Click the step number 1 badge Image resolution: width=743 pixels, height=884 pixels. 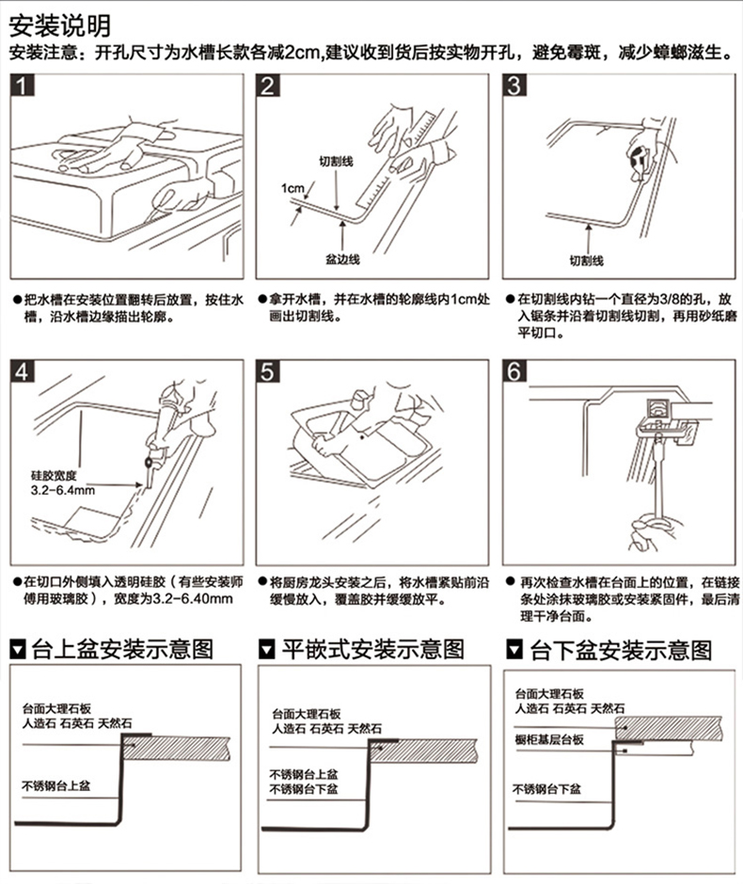pos(23,86)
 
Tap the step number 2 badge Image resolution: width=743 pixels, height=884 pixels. pos(268,86)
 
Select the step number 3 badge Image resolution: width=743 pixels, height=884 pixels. pos(514,86)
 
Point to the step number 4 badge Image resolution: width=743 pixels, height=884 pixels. pos(23,371)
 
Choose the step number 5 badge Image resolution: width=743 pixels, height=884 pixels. pos(268,371)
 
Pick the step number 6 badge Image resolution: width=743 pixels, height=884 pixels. pos(514,371)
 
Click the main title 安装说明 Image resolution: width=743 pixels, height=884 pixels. pos(60,24)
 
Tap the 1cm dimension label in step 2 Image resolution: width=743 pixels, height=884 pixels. pos(292,188)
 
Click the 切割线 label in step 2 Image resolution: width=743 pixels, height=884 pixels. pos(336,162)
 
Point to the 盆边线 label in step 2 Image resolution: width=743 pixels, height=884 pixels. pos(342,260)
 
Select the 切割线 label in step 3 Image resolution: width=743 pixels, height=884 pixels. pos(586,260)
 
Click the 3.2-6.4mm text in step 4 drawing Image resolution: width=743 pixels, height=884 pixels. pos(63,491)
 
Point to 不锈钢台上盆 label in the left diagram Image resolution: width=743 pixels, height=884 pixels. pos(55,785)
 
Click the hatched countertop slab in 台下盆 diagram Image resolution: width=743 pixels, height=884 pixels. pos(669,729)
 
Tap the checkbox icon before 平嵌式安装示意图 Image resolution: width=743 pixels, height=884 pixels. pos(267,650)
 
